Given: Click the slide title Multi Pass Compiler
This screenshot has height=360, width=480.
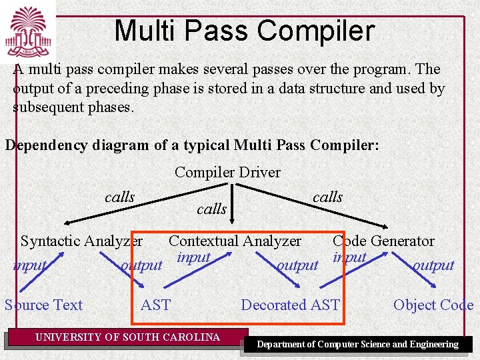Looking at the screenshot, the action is coord(244,31).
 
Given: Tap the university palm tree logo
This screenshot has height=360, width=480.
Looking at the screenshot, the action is coord(28,31).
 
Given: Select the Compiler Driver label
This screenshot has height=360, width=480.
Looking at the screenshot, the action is coord(227,172).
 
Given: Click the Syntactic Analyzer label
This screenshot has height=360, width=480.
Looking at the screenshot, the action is coord(81,241).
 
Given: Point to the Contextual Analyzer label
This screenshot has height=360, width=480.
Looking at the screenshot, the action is coord(235,241).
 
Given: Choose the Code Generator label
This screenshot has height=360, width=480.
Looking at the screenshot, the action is coord(383,241).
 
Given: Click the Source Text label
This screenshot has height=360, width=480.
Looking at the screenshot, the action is coord(44,305).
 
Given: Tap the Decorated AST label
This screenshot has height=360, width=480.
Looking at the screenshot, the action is coord(290,305).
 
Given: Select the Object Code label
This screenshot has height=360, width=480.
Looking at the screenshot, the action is coord(433,305).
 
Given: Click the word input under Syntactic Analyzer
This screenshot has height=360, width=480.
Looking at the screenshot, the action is coord(30,265).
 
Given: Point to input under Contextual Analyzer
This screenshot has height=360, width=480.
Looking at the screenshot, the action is coord(193,257).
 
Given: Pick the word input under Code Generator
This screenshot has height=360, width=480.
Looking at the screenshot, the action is coord(349,257).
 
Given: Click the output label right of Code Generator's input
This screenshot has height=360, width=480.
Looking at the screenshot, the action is coord(433,265).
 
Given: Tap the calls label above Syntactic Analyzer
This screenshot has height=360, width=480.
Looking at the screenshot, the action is coord(119,197).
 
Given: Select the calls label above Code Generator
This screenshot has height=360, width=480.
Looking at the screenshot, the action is coord(327,197).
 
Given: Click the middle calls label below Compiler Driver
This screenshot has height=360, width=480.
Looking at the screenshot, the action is coord(211,209).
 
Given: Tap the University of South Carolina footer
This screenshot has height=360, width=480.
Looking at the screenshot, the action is coord(127,337).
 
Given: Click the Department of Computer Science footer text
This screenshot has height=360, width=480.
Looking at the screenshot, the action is coord(358,345).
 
